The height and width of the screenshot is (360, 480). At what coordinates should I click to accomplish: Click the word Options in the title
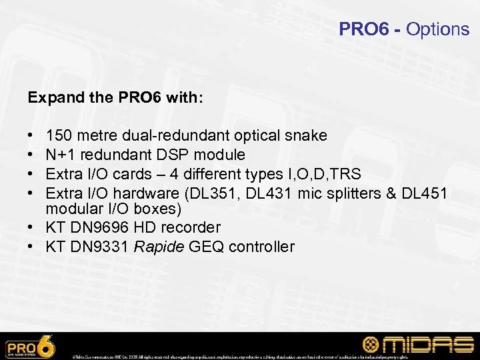[x=437, y=29]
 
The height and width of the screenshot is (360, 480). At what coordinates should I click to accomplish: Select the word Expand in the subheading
[x=50, y=97]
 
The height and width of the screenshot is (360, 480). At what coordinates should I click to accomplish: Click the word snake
[x=306, y=136]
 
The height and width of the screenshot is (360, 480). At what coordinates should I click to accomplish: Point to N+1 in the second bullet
[x=59, y=155]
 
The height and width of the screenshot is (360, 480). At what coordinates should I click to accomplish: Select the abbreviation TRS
[x=345, y=174]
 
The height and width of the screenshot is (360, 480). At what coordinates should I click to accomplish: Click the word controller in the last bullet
[x=261, y=247]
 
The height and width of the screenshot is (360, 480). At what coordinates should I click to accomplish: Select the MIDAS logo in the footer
[x=417, y=345]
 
